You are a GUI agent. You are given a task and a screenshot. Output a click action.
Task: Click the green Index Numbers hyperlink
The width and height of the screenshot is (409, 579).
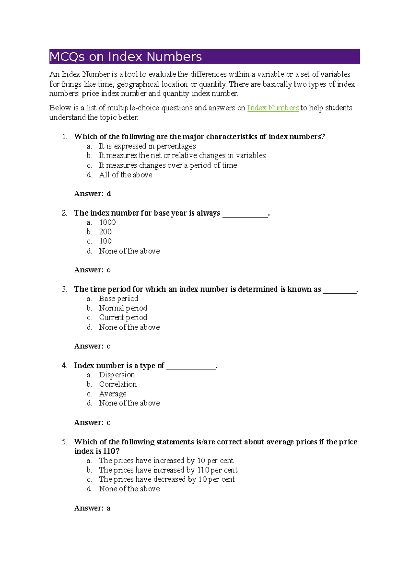click(x=273, y=108)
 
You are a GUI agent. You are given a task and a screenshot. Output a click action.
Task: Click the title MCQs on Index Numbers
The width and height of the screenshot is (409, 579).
click(x=126, y=57)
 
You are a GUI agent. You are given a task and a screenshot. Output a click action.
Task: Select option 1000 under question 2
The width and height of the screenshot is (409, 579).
click(x=107, y=222)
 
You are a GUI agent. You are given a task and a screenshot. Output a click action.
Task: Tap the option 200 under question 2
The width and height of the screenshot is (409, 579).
click(x=105, y=232)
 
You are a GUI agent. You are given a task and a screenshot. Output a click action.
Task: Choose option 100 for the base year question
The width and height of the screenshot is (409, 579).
click(x=105, y=241)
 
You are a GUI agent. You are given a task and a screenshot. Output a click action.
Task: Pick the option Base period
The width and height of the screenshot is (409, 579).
click(x=118, y=299)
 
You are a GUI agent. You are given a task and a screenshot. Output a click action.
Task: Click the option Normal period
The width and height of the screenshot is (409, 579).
click(x=123, y=308)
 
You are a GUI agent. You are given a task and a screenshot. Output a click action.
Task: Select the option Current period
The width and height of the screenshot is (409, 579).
click(x=123, y=317)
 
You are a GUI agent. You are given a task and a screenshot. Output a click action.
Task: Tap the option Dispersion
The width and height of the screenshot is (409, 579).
click(x=117, y=375)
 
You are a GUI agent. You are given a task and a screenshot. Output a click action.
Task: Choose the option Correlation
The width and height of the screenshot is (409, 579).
click(x=118, y=384)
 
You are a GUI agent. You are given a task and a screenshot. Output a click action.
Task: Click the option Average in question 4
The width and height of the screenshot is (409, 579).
click(x=112, y=394)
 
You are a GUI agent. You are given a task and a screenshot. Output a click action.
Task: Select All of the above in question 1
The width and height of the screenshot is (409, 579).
click(x=125, y=175)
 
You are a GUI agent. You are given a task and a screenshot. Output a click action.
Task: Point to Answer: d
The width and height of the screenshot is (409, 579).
click(x=92, y=194)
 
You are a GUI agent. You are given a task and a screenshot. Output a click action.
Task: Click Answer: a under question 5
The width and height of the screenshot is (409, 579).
click(x=92, y=508)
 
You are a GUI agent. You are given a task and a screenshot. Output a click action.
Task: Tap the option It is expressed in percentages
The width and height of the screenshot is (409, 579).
click(x=147, y=146)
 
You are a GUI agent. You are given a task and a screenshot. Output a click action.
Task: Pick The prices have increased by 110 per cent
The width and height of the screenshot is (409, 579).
click(x=168, y=470)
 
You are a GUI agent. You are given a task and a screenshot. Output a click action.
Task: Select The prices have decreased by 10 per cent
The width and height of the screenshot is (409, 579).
click(x=167, y=479)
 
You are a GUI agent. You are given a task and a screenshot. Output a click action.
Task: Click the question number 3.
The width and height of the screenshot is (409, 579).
click(x=64, y=289)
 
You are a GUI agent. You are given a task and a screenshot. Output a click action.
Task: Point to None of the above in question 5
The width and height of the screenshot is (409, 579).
click(x=129, y=489)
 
